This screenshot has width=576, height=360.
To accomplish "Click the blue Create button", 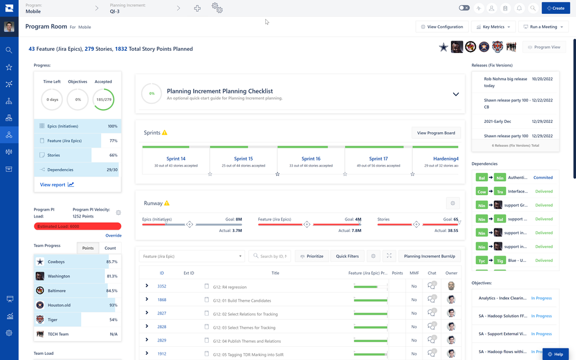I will [x=556, y=8].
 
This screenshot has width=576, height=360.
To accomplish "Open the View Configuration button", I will [x=442, y=27].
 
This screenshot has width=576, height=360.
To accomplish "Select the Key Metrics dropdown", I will [x=493, y=27].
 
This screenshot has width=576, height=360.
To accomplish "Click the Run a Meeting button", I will [x=543, y=27].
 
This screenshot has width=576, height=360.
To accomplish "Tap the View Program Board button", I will [x=436, y=133].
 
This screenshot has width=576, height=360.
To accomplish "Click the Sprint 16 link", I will [x=311, y=159].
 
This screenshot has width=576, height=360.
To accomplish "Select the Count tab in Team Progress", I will [x=110, y=248].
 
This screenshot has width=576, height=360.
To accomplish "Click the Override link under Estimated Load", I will [x=113, y=235].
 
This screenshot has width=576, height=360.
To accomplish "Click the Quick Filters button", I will [x=347, y=256].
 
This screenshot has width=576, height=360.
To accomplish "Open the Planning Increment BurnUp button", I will [x=430, y=256].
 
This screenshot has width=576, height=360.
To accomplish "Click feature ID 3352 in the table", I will [x=162, y=286].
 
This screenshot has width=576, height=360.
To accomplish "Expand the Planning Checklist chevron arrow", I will [x=455, y=94].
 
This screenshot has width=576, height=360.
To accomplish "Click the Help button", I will [x=556, y=354].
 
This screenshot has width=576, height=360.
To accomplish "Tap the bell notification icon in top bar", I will [x=519, y=8].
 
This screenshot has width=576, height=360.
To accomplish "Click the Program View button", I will [x=544, y=47].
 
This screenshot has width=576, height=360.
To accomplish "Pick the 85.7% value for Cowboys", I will [x=111, y=262].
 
